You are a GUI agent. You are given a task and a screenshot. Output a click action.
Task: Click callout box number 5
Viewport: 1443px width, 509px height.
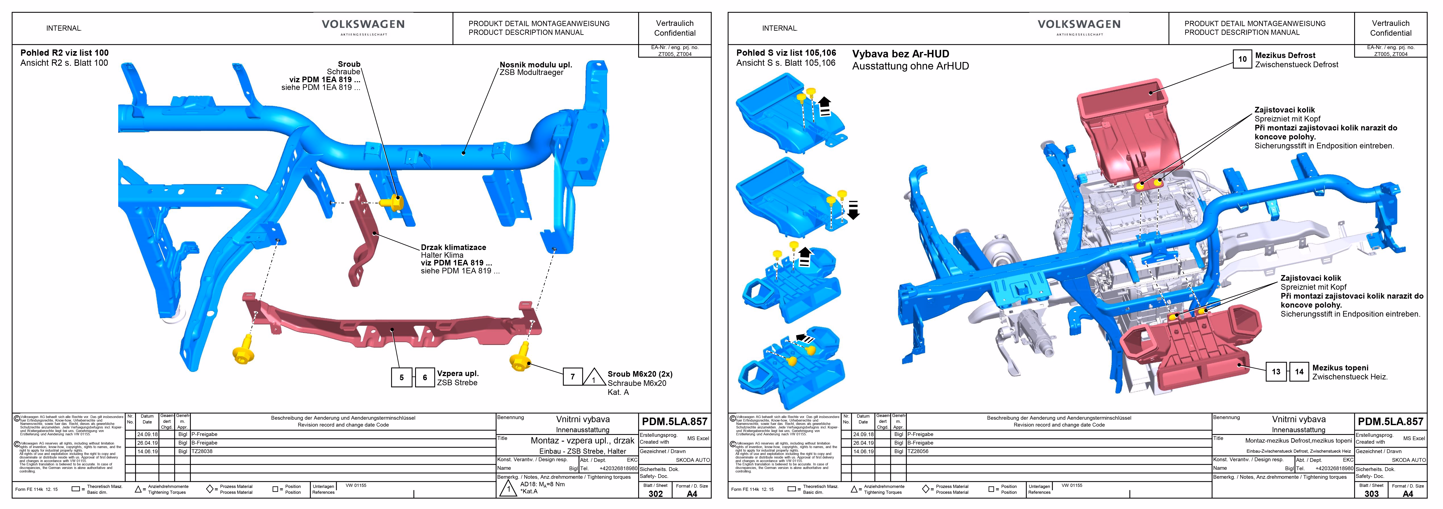point(401,377)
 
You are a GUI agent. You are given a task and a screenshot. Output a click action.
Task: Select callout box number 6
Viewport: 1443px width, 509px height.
point(425,377)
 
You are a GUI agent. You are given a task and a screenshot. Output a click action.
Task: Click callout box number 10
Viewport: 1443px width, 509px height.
point(1242,59)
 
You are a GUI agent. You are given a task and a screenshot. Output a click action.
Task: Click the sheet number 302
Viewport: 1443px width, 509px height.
point(655,494)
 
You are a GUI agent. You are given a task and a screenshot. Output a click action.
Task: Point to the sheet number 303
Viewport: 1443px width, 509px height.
point(1371,494)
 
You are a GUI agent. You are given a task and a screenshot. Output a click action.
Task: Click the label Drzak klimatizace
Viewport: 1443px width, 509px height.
point(453,247)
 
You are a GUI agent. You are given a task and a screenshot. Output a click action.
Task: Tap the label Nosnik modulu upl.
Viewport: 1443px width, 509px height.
point(536,64)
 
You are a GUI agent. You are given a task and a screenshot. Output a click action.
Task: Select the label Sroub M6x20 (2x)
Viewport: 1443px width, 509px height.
point(640,374)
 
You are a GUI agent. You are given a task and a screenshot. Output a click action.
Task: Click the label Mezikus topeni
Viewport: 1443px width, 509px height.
point(1340,368)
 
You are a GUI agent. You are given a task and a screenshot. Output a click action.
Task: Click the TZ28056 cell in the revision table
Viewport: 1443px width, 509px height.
point(918,451)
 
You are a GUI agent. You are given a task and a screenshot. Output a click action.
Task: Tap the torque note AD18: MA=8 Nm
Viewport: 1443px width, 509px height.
point(542,484)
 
